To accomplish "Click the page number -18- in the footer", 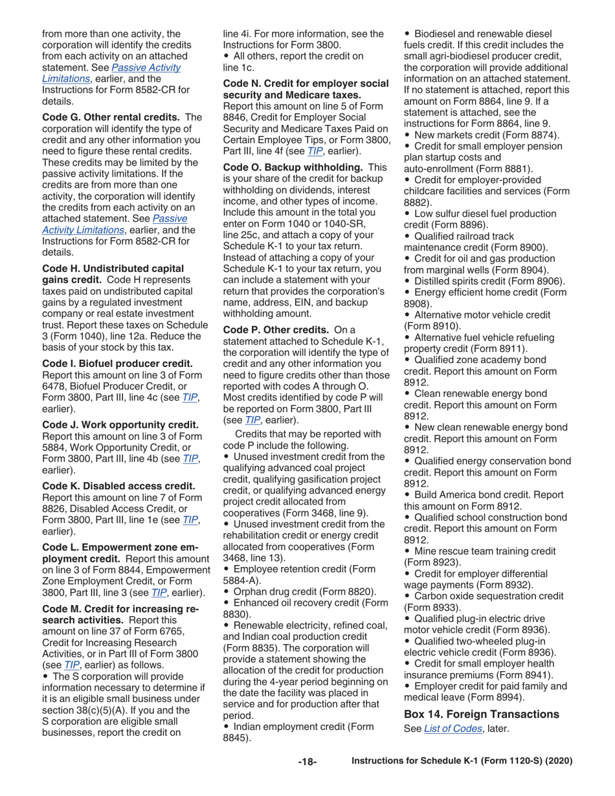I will point(307,762).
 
